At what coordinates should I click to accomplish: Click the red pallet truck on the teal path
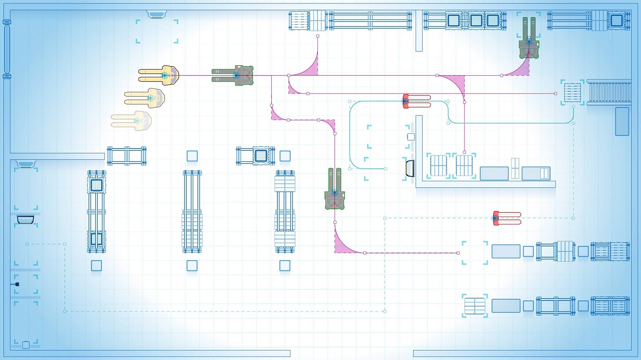click(417, 101)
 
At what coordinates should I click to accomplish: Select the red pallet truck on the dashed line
click(507, 218)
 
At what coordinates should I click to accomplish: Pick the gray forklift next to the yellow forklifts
click(233, 76)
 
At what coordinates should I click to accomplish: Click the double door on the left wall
click(7, 49)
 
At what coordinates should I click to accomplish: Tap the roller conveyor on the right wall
click(609, 92)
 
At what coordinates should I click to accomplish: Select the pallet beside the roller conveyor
click(572, 93)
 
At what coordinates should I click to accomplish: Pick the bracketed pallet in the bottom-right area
click(475, 306)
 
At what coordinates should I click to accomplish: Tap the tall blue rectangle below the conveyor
click(622, 121)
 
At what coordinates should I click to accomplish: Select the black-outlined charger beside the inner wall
click(410, 168)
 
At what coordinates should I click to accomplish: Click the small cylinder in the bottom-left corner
click(26, 345)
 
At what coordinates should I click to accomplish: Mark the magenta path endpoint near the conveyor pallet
click(556, 93)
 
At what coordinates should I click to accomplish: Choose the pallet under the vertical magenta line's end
click(464, 165)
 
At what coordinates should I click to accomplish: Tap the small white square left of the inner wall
click(411, 137)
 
